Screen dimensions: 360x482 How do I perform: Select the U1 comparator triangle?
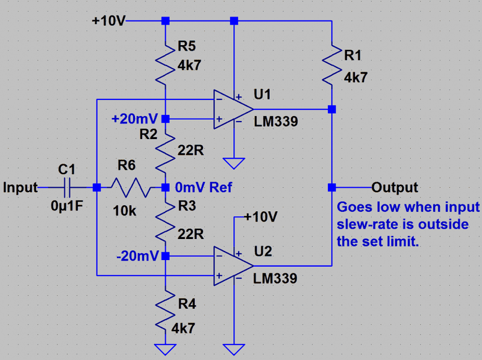(233, 109)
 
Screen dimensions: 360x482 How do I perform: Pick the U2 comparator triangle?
(233, 265)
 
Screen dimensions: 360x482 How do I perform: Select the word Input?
(19, 187)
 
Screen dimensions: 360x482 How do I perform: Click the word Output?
(395, 187)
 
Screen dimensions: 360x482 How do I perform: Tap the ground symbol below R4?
(165, 348)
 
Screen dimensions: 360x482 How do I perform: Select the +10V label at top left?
(108, 21)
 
